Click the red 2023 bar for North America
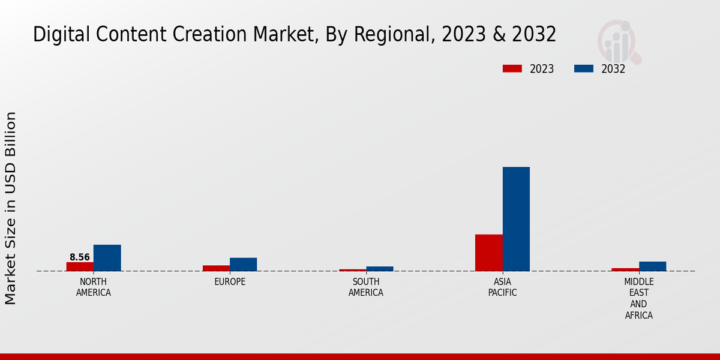click(x=80, y=266)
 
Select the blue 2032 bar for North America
click(x=107, y=258)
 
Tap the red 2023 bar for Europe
click(x=216, y=268)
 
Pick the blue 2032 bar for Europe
click(x=243, y=265)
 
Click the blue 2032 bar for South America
click(x=379, y=269)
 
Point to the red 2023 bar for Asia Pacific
click(x=488, y=253)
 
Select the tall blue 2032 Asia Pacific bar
click(x=516, y=219)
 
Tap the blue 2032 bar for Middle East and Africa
click(x=652, y=266)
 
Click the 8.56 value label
click(x=80, y=257)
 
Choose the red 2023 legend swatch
click(x=512, y=69)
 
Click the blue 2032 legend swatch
click(x=583, y=69)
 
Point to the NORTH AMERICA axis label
click(x=94, y=287)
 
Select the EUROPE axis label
click(x=230, y=282)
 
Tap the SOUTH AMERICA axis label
click(x=366, y=287)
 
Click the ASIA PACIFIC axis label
click(x=502, y=287)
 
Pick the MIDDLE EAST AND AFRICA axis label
click(x=638, y=299)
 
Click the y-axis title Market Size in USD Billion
click(x=11, y=208)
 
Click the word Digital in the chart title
click(x=55, y=35)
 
